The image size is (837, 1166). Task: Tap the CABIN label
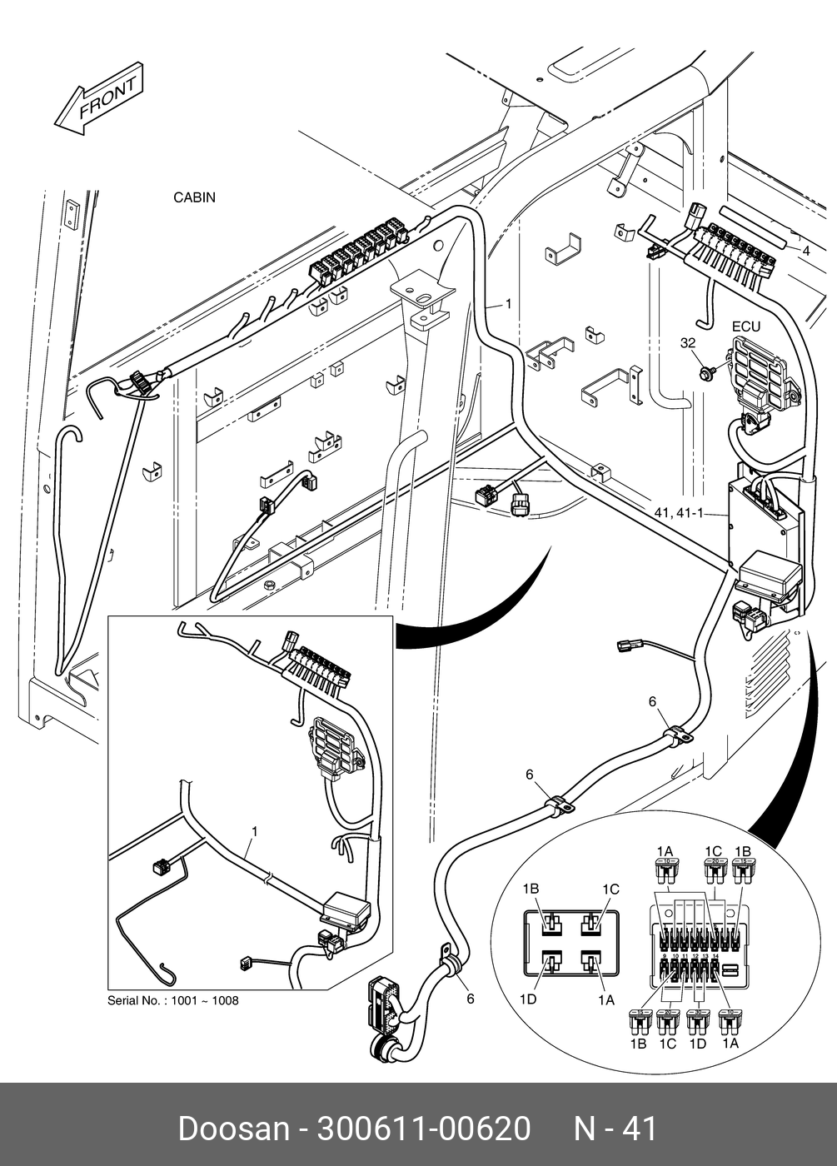click(194, 197)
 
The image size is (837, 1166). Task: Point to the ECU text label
click(745, 326)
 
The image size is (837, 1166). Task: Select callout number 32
click(687, 342)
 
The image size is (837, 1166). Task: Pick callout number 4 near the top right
click(805, 249)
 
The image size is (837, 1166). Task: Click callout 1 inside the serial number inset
click(254, 831)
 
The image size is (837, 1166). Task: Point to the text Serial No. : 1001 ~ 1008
click(172, 1000)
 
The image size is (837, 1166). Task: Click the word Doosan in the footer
click(232, 1129)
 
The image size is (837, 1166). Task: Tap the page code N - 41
click(615, 1129)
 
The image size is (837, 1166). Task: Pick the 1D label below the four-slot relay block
click(528, 999)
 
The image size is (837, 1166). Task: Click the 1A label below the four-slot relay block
click(605, 999)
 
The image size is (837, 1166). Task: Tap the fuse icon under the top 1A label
click(665, 873)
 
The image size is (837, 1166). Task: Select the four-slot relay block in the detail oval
click(571, 943)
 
